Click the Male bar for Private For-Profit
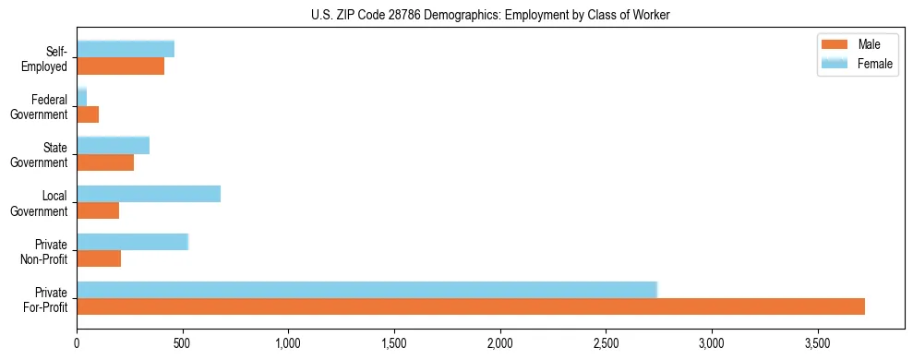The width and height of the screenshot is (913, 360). point(471,306)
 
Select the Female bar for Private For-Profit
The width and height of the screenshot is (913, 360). point(366,290)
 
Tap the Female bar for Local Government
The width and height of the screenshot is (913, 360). point(149,194)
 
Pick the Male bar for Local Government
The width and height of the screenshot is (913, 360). point(98,210)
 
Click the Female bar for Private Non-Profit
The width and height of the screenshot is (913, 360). point(132,242)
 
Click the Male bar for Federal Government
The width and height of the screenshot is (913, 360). point(88,114)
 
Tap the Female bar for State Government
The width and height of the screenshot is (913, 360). point(113,145)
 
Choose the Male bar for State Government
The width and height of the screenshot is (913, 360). point(105,162)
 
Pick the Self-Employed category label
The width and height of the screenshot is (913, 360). point(49,58)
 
